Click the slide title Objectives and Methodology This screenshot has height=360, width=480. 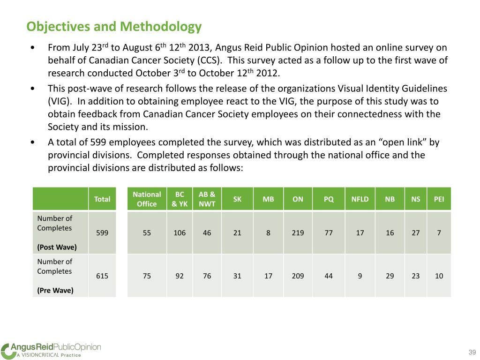point(114,27)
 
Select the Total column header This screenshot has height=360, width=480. point(102,199)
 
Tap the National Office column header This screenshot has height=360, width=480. point(147,199)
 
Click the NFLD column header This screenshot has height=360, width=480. point(360,199)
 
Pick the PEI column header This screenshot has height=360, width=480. point(439,199)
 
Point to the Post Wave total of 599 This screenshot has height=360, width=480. point(102,232)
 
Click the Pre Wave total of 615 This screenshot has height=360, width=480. point(102,276)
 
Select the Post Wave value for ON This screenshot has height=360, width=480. point(298,232)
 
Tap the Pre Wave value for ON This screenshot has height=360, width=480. point(298,276)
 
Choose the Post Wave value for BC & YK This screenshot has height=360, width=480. point(180,232)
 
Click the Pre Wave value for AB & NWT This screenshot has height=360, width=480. point(207,276)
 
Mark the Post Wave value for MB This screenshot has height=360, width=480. point(268,232)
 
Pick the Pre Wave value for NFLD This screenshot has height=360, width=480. point(360,276)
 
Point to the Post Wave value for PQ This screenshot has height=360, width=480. point(329,232)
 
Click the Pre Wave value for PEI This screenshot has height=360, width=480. point(439,276)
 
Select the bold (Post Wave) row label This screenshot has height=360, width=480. point(57,247)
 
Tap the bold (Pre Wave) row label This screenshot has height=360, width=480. point(55,290)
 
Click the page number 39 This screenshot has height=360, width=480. point(472,352)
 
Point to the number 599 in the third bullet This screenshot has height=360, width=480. point(98,142)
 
